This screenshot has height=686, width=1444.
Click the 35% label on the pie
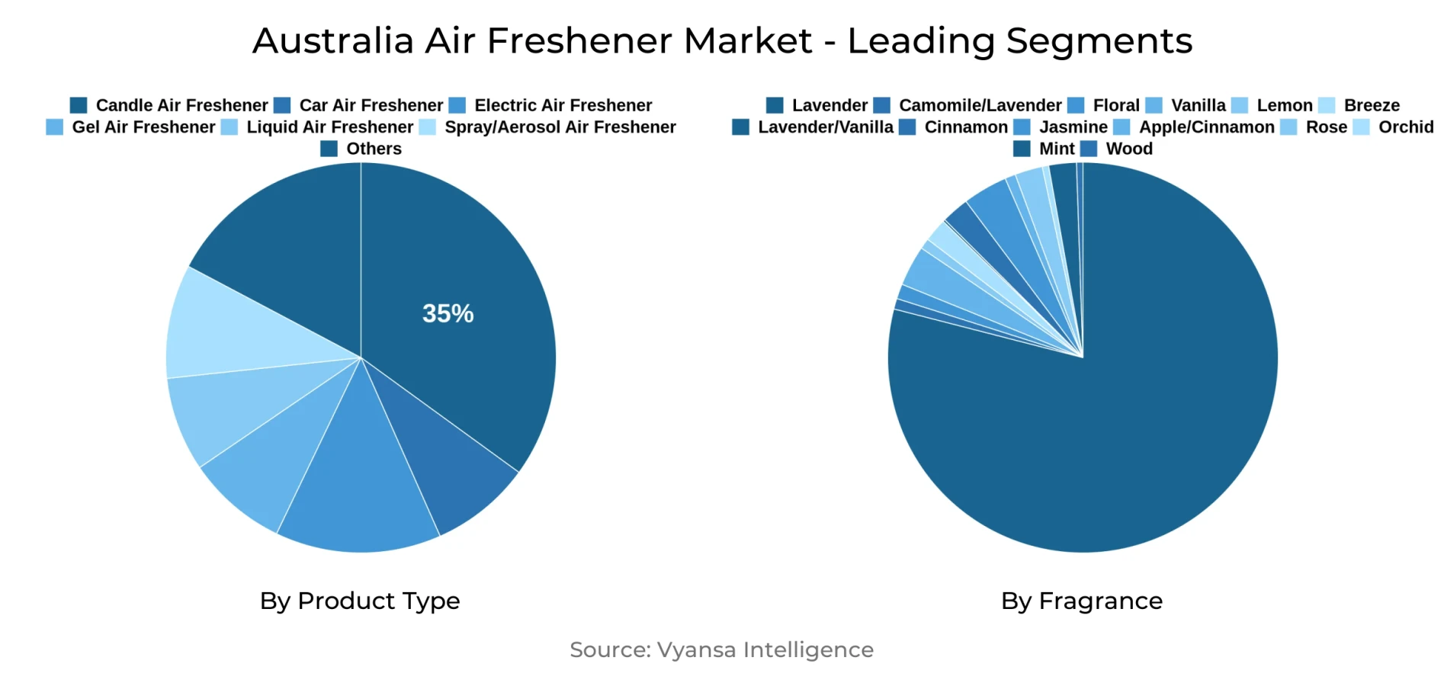point(448,313)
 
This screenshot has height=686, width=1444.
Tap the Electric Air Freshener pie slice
point(359,488)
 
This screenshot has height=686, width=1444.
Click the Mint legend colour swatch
point(1022,149)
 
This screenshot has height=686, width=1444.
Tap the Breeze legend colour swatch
point(1327,105)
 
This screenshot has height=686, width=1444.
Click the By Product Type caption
point(360,601)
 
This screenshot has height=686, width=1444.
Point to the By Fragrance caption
point(1082,601)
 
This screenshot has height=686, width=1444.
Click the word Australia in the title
point(333,40)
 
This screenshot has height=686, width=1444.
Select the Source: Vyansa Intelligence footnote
point(721,649)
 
